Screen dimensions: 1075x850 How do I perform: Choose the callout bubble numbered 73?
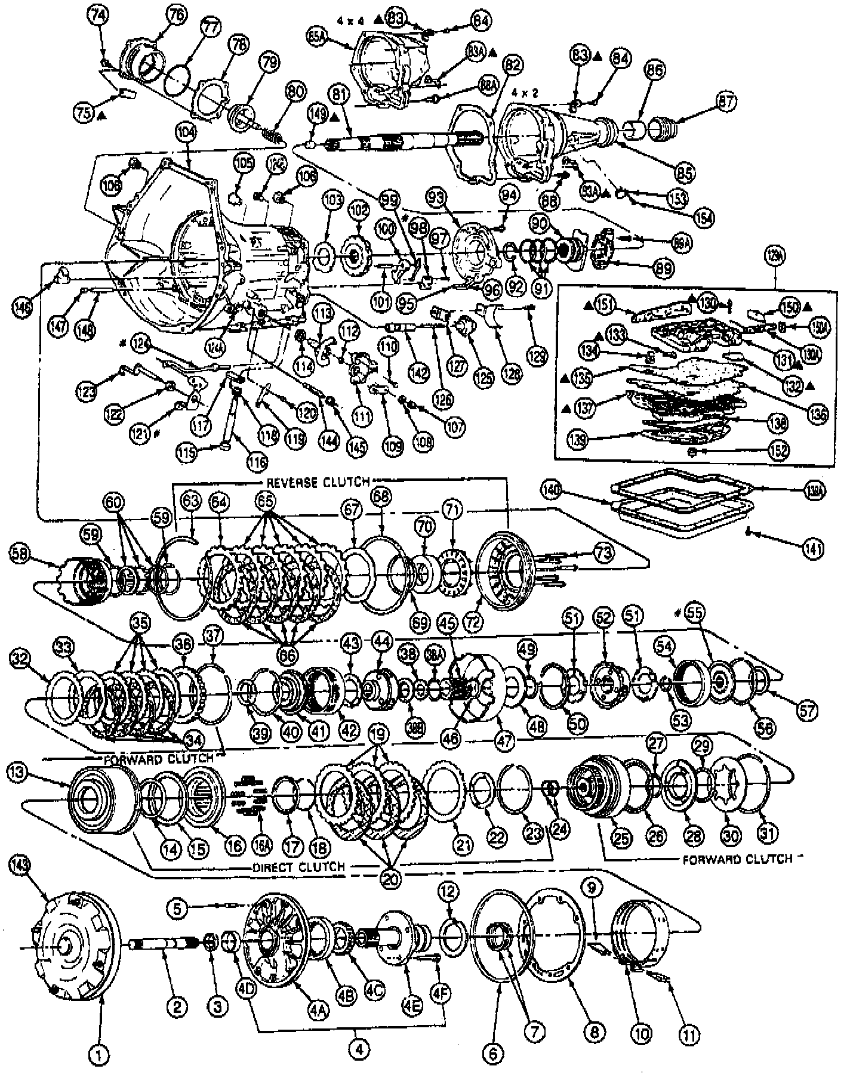[604, 552]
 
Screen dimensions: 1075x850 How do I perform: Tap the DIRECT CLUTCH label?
[297, 866]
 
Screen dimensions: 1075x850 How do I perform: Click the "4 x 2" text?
[525, 94]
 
